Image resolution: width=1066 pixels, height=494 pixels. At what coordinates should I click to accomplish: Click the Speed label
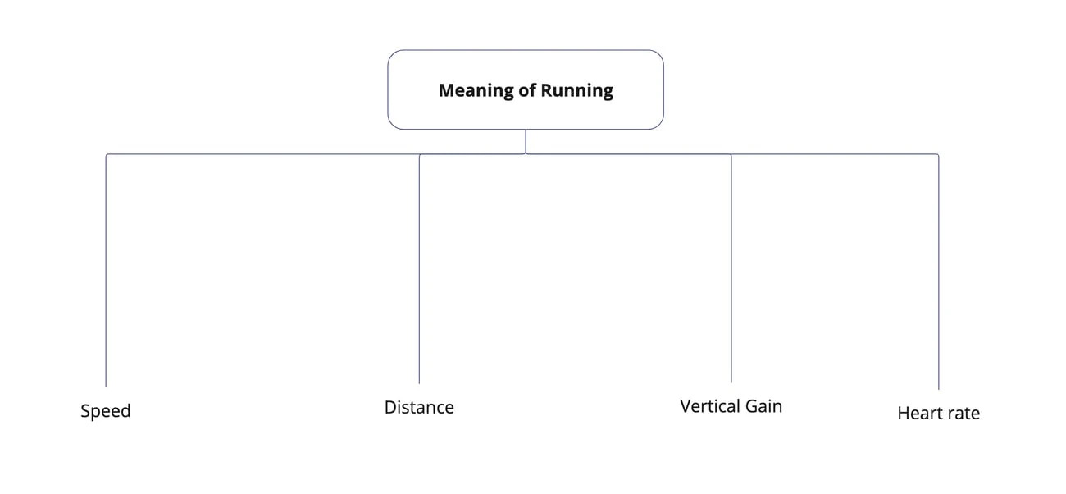pyautogui.click(x=106, y=411)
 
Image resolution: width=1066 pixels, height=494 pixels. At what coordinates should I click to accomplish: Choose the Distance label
pyautogui.click(x=419, y=407)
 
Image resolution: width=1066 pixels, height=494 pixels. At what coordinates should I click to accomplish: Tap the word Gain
pyautogui.click(x=763, y=406)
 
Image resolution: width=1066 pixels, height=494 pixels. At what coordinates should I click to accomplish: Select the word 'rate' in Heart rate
pyautogui.click(x=963, y=414)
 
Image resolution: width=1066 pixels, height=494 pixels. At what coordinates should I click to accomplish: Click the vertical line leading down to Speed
pyautogui.click(x=106, y=271)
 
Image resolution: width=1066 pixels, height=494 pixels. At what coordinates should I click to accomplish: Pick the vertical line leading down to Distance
pyautogui.click(x=419, y=271)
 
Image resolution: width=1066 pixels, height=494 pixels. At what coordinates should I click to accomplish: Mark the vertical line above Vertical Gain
pyautogui.click(x=731, y=271)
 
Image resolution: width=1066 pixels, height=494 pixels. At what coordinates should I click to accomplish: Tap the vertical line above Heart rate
pyautogui.click(x=938, y=271)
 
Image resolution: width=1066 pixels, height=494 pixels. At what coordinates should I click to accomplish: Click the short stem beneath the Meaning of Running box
pyautogui.click(x=526, y=142)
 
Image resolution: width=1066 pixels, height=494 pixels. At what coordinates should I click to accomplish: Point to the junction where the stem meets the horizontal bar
pyautogui.click(x=526, y=154)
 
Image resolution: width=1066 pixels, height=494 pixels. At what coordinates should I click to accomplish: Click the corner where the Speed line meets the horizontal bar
pyautogui.click(x=106, y=154)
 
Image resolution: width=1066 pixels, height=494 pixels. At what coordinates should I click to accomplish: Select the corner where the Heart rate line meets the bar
pyautogui.click(x=938, y=154)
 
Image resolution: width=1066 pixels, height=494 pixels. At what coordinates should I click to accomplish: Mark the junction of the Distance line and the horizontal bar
pyautogui.click(x=419, y=154)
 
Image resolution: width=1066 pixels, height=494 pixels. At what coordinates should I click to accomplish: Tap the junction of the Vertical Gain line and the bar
pyautogui.click(x=731, y=154)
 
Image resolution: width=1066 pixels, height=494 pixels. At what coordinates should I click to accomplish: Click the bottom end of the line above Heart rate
pyautogui.click(x=938, y=387)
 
